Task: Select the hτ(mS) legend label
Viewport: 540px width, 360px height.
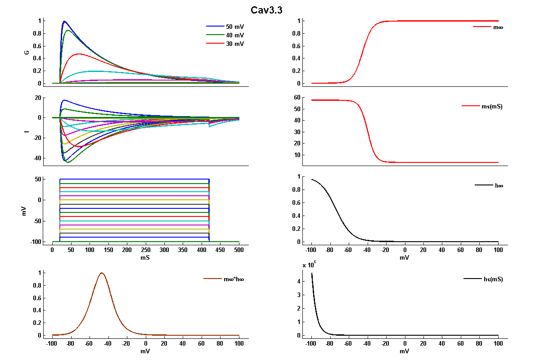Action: tap(493, 279)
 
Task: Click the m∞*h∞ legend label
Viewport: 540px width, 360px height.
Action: tap(234, 279)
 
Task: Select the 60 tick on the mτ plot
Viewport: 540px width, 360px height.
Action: tap(297, 97)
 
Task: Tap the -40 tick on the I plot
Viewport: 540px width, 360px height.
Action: tap(37, 158)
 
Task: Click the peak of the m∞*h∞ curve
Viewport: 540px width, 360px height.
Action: tap(102, 273)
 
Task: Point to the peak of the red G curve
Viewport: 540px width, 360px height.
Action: tap(79, 54)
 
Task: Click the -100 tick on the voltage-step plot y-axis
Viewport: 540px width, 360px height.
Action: tap(36, 242)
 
